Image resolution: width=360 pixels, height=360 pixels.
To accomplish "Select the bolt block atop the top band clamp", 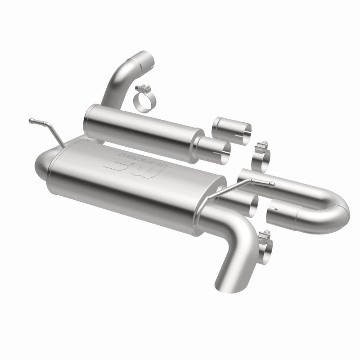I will click(147, 86).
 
